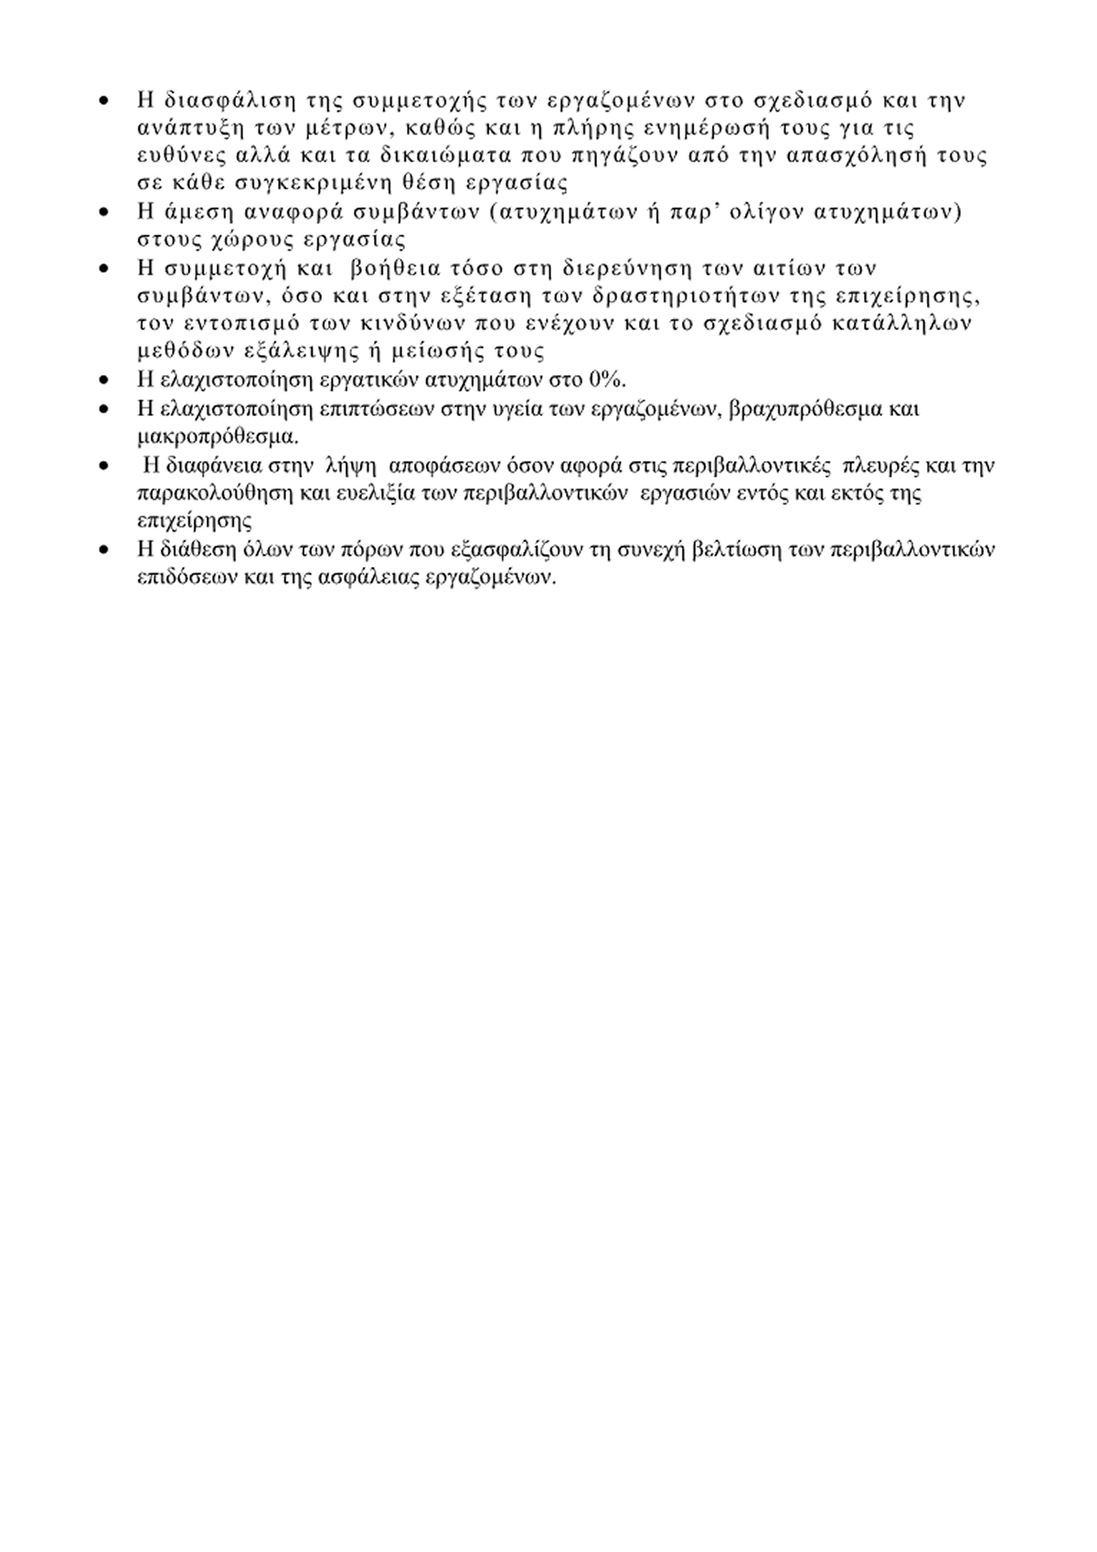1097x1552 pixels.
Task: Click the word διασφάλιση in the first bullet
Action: (x=216, y=100)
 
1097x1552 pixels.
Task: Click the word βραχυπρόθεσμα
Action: (x=805, y=408)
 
